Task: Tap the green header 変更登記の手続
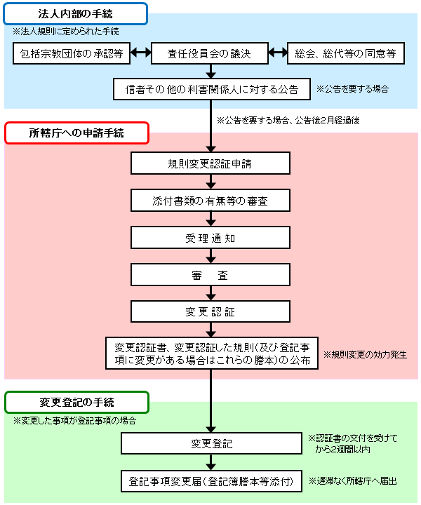pos(76,402)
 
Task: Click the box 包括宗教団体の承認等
pos(72,53)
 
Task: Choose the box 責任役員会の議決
pos(210,53)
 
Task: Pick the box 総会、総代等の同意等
pos(346,53)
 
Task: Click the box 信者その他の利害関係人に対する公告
pos(211,89)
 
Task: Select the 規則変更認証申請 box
pos(210,163)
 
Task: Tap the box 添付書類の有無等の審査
pos(210,201)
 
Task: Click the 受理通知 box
pos(210,237)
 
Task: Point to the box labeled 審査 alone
pos(210,274)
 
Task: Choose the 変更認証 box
pos(210,311)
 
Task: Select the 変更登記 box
pos(210,444)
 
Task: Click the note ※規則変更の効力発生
pos(364,354)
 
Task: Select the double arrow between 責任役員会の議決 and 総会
pos(278,53)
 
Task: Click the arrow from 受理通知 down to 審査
pos(210,256)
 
